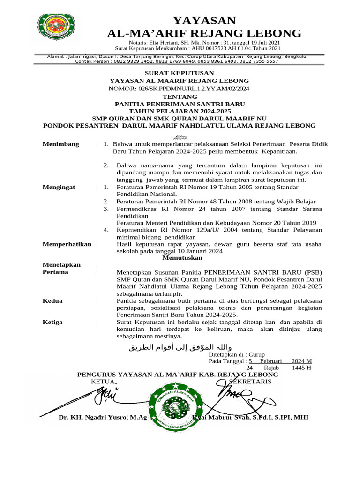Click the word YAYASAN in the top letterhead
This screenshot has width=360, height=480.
(204, 20)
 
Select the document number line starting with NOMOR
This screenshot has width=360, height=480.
(180, 88)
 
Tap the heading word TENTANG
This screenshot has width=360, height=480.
(180, 96)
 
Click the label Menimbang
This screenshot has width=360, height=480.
(61, 144)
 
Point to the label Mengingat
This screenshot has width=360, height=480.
(59, 187)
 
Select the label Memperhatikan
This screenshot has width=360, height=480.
(68, 244)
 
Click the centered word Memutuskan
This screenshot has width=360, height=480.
(182, 258)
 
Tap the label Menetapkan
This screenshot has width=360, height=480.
(62, 265)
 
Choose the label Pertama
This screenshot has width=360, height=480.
(55, 272)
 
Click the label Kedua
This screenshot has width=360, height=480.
(53, 300)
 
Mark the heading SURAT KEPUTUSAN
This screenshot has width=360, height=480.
(180, 73)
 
